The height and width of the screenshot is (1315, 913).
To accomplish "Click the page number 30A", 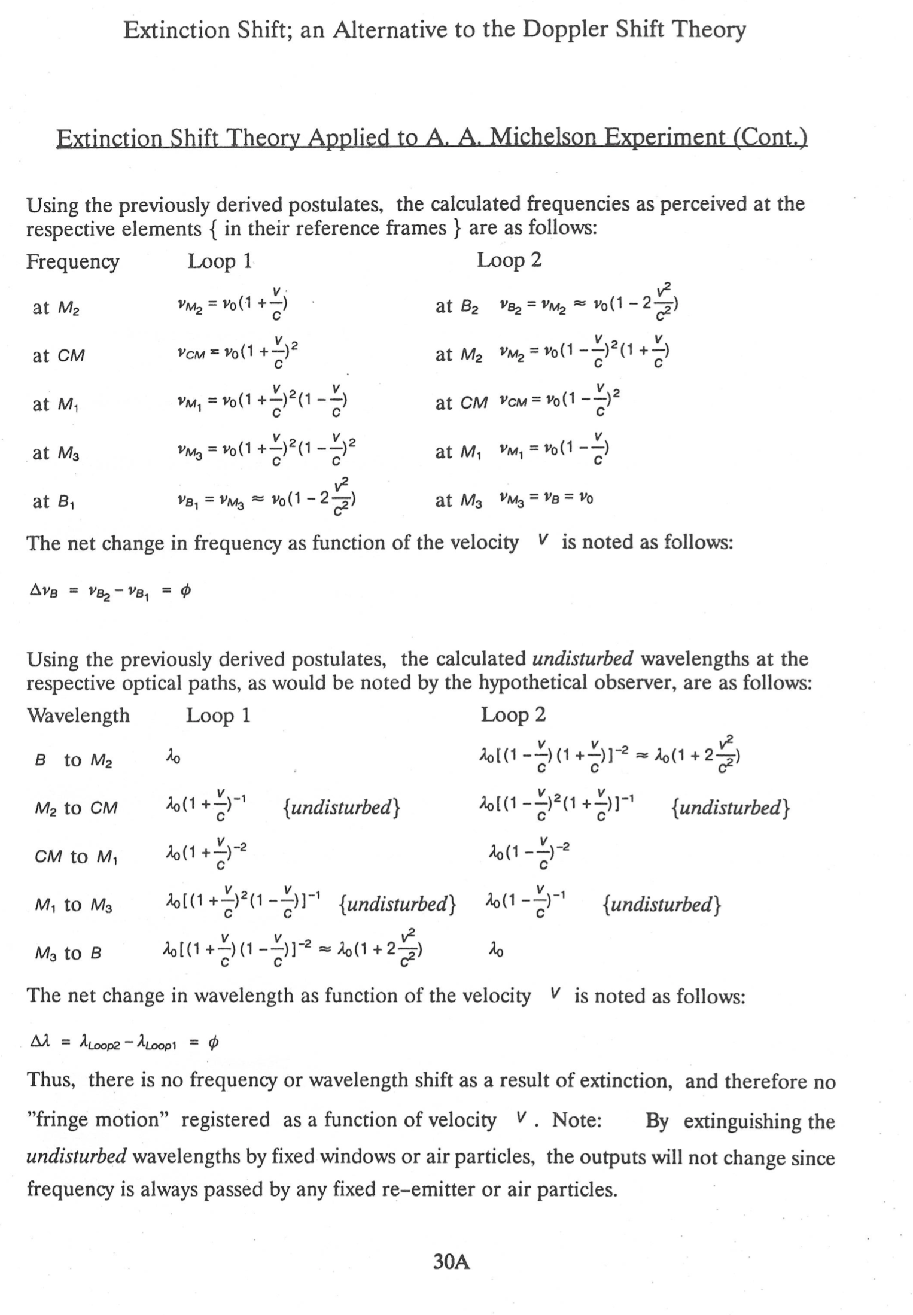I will point(452,1262).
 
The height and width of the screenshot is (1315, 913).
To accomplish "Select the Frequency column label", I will point(72,262).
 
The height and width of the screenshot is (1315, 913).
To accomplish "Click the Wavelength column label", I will point(78,716).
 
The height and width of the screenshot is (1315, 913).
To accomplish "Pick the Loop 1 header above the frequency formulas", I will point(220,261).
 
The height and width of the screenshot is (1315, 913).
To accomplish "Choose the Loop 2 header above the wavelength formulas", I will point(513,715).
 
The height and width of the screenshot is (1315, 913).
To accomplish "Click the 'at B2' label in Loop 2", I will point(457,307).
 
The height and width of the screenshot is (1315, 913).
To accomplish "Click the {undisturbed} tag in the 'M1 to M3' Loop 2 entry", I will point(661,904).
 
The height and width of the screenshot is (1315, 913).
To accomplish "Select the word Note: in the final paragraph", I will point(577,1119).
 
